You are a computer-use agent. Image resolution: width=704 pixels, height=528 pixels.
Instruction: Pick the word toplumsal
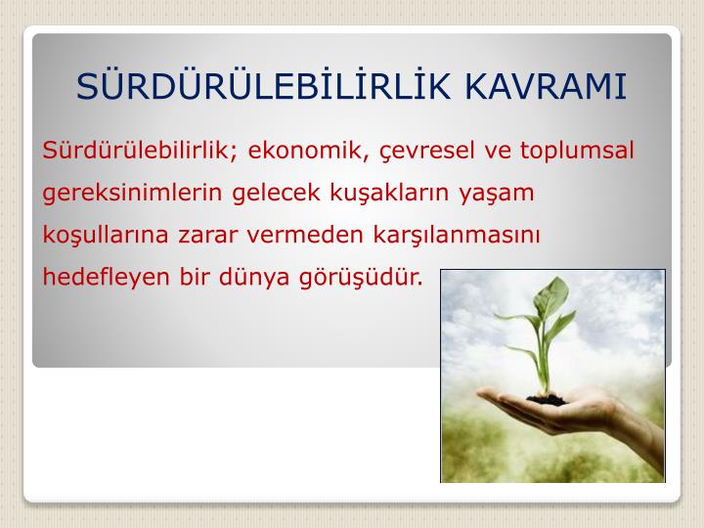pos(577,151)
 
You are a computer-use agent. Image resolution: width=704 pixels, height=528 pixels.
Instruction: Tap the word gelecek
pos(276,193)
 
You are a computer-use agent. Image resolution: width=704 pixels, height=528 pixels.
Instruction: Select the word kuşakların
pos(389,193)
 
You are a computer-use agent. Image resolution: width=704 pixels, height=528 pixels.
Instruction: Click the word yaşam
pos(497,194)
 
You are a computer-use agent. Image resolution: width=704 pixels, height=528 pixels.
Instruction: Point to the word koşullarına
pos(106,235)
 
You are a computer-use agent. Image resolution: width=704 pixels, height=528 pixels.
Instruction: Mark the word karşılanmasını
pos(457,236)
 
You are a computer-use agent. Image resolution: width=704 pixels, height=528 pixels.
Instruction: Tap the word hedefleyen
pos(106,277)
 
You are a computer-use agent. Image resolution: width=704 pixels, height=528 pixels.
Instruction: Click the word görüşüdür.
pos(362,278)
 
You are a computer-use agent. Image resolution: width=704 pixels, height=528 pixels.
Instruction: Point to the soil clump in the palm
pos(547,399)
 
